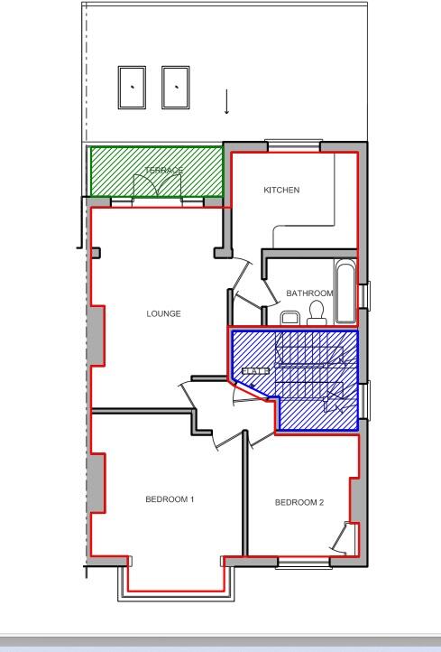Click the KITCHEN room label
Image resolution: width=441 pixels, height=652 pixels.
[281, 191]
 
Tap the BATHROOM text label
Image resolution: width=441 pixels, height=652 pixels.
[308, 293]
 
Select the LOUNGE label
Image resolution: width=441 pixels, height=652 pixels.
[164, 314]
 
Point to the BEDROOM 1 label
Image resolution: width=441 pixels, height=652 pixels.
[170, 499]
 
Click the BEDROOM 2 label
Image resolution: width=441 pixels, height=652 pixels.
[299, 503]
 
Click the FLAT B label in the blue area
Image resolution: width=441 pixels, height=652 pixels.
[255, 370]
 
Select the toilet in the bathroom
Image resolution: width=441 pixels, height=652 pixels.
[316, 312]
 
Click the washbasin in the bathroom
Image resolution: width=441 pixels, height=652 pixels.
[289, 318]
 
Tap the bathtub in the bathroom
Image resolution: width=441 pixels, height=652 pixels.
[345, 292]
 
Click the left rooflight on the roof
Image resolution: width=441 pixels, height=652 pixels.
[133, 87]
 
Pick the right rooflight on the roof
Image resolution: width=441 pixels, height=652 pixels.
[175, 87]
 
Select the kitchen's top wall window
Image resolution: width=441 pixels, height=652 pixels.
[289, 145]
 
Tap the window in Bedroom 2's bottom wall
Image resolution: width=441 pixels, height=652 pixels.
[302, 564]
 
